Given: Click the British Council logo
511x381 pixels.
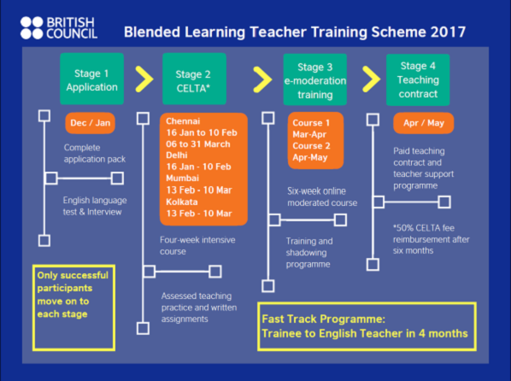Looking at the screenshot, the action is [x=59, y=28].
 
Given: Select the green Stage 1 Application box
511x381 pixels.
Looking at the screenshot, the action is [x=92, y=79].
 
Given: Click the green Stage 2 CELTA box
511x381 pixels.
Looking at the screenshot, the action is [x=194, y=79].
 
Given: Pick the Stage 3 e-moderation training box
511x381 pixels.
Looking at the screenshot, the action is [x=314, y=79].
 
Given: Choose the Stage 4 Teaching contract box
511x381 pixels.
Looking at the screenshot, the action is [x=418, y=79].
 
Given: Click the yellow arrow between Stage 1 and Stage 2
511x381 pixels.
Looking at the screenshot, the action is [x=144, y=79].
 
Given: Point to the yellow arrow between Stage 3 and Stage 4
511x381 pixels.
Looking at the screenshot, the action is [x=371, y=79].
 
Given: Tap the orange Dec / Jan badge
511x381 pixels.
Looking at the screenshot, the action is [x=91, y=123].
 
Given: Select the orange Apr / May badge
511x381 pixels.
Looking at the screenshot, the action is [x=423, y=123].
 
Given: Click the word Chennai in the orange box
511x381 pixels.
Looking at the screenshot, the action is [x=183, y=121].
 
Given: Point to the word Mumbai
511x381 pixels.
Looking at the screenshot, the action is [x=182, y=178].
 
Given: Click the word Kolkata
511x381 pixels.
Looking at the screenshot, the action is [x=181, y=202].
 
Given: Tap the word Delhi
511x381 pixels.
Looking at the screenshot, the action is [x=177, y=155].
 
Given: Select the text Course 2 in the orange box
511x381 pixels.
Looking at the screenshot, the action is [x=311, y=146].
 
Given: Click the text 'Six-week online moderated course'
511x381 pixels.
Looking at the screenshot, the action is [x=322, y=196].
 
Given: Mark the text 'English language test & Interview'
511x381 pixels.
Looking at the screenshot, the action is [x=95, y=206].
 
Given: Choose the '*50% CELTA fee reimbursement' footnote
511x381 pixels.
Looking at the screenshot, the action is [x=431, y=239].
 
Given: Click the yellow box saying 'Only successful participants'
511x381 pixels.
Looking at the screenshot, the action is [x=73, y=308].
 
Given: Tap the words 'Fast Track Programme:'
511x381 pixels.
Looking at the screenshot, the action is [x=323, y=319].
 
